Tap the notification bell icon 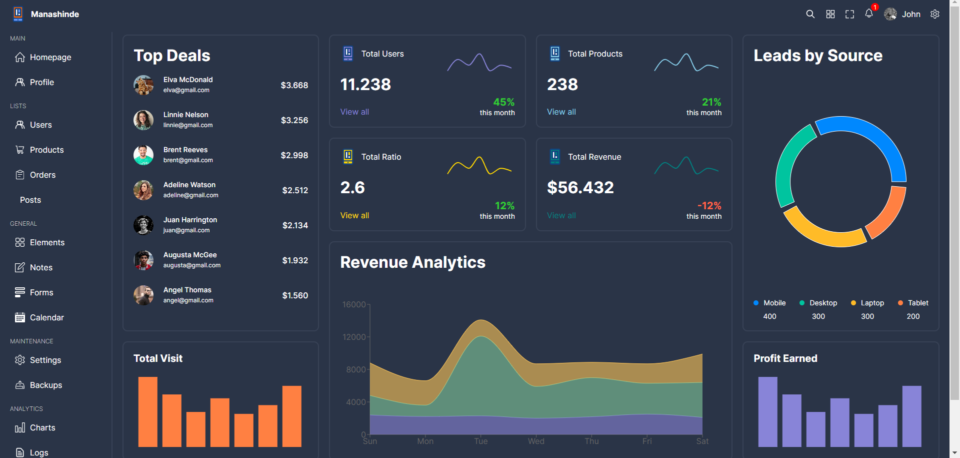(869, 14)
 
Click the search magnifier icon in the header (810, 14)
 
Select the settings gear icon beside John (935, 14)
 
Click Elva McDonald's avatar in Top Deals (143, 85)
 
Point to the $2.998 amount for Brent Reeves (294, 156)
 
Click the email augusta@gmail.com (192, 266)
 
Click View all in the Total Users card (354, 112)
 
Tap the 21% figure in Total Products (711, 102)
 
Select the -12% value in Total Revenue (709, 206)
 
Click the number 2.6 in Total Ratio (352, 188)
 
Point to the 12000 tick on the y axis (354, 337)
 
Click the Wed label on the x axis (536, 441)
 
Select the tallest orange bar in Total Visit (148, 411)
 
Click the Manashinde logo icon (18, 14)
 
